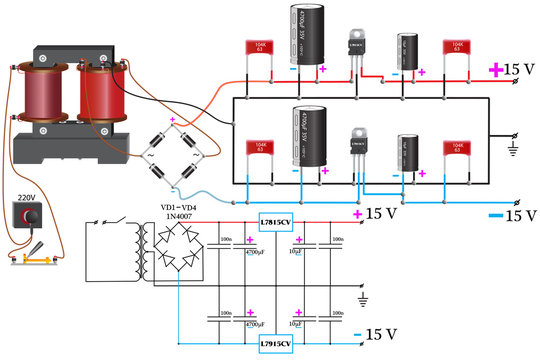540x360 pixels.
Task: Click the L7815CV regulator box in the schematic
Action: pos(275,222)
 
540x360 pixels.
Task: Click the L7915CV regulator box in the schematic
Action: pos(275,343)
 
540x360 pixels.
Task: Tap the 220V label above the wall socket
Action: pos(26,198)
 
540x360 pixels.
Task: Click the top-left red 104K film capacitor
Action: pos(260,51)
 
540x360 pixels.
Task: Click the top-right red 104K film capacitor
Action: pos(456,51)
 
